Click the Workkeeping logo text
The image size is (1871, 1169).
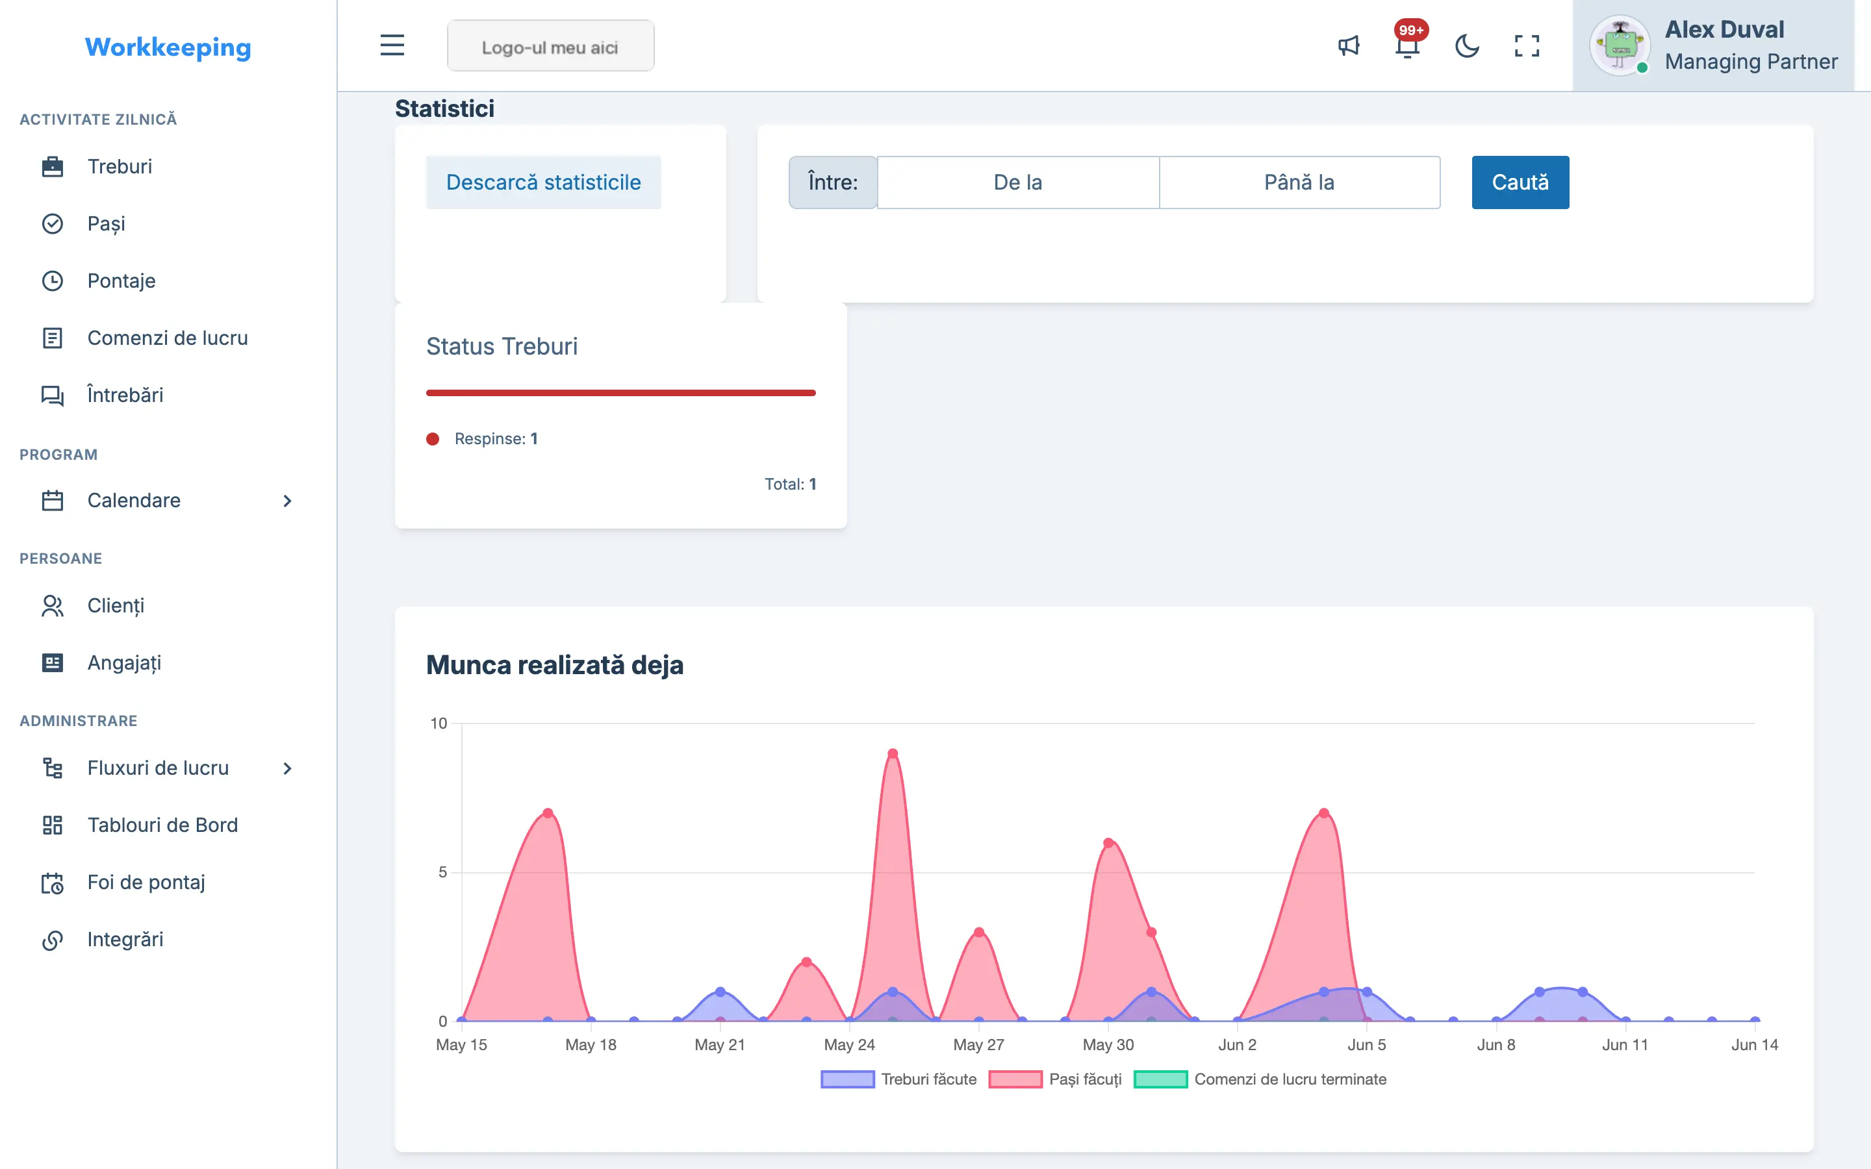[x=168, y=47]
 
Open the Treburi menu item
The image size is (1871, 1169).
[x=120, y=166]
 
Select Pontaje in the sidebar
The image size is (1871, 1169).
[x=121, y=281]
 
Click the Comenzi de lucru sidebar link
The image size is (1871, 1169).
[x=168, y=338]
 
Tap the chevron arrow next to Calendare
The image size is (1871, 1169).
[x=288, y=501]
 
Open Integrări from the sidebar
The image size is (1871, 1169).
[x=125, y=939]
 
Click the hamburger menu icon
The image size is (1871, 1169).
[x=392, y=45]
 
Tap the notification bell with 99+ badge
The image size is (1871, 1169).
[x=1408, y=45]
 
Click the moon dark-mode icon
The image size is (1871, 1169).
[x=1467, y=46]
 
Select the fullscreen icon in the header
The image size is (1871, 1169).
[x=1526, y=46]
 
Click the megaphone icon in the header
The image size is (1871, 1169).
[x=1349, y=46]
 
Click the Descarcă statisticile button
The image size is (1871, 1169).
[x=544, y=182]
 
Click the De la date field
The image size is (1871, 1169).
[x=1018, y=182]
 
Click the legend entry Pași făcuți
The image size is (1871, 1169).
[x=1055, y=1079]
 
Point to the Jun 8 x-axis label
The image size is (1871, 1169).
[x=1496, y=1046]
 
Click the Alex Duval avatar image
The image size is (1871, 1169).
[x=1620, y=45]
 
